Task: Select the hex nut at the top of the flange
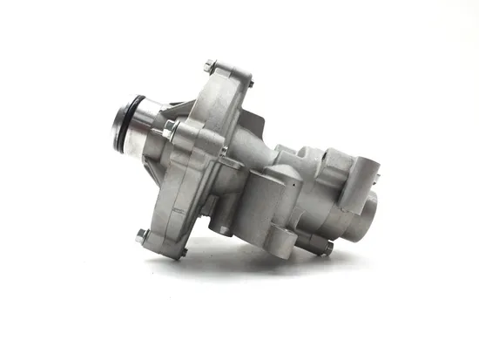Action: click(x=210, y=65)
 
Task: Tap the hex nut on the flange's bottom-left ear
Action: click(x=141, y=234)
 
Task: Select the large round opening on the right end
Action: click(x=372, y=209)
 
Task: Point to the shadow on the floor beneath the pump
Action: click(x=261, y=266)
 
